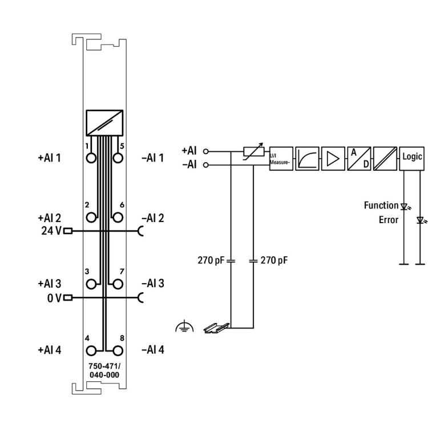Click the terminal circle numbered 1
(91, 157)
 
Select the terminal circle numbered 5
(118, 157)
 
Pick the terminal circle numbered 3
(91, 283)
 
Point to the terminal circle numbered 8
(118, 349)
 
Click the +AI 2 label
(50, 217)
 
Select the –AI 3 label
(152, 284)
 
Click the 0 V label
(54, 298)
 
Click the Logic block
(412, 155)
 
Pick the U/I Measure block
(280, 158)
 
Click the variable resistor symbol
(253, 152)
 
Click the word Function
(381, 205)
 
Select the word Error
(389, 220)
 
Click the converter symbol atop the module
(104, 122)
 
